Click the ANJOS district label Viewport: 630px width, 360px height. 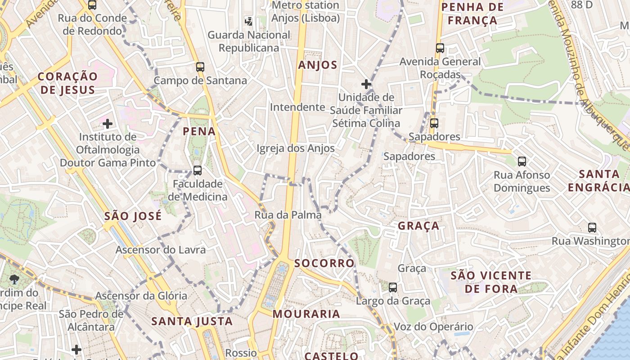[318, 65]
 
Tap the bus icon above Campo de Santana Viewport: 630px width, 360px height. [200, 67]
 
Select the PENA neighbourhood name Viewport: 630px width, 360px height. [199, 131]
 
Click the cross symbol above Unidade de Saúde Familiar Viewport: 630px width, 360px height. [366, 84]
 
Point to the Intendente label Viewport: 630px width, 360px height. [297, 107]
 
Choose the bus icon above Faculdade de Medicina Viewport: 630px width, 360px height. [198, 171]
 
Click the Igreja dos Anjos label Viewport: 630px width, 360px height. [296, 148]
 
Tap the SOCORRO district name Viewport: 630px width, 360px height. [324, 263]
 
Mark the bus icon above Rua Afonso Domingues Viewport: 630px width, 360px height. [522, 161]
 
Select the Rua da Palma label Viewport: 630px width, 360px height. [288, 215]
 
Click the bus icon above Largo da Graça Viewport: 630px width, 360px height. [393, 287]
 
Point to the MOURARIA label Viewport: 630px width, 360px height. [306, 314]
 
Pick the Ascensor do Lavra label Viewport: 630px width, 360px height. [161, 250]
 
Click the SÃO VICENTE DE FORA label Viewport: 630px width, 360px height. [491, 282]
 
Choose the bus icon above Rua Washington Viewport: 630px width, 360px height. [592, 228]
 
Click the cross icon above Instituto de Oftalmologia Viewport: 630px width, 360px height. [108, 123]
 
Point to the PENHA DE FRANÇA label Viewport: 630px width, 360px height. [472, 13]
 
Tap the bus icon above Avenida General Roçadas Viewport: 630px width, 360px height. [440, 48]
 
